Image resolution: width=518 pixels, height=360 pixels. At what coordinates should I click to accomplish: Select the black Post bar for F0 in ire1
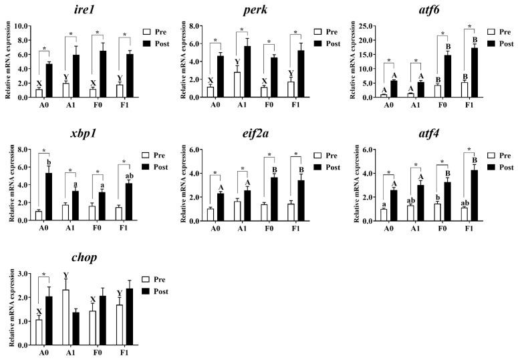click(x=103, y=74)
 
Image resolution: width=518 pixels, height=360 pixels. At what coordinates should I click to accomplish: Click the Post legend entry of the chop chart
click(x=158, y=291)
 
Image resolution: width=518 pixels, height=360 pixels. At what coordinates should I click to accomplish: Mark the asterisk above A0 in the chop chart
click(x=43, y=275)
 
